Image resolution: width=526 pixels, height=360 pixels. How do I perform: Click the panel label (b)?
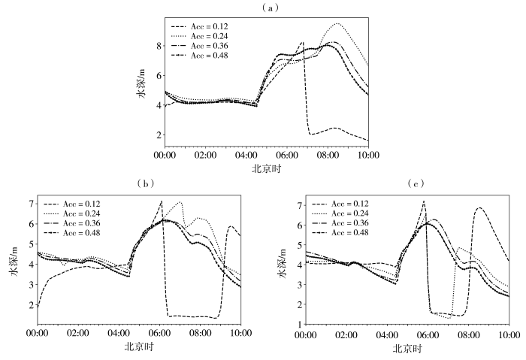[144, 183]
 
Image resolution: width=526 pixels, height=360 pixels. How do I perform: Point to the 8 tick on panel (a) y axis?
[159, 46]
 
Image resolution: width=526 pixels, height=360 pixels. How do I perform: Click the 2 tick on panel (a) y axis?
[159, 135]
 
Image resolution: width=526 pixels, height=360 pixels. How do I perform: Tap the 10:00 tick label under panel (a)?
[367, 156]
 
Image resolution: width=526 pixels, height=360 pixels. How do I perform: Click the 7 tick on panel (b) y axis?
[31, 204]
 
